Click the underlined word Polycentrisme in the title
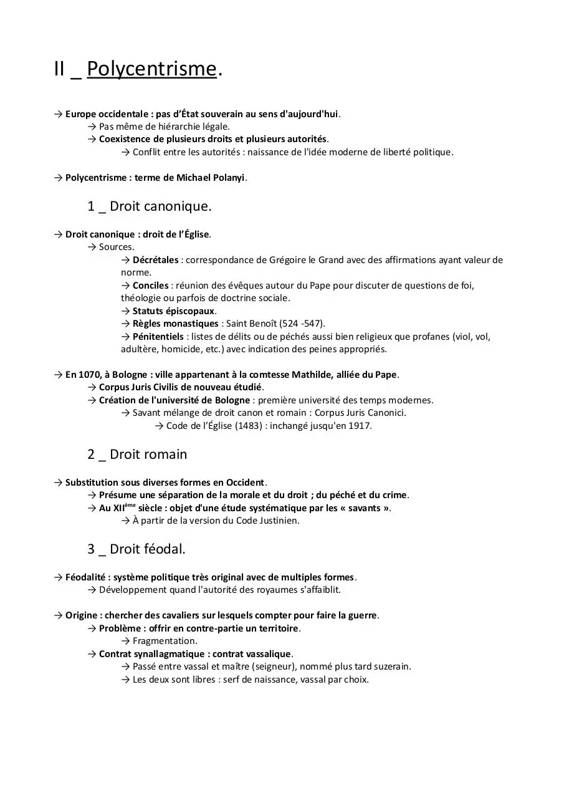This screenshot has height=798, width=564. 151,69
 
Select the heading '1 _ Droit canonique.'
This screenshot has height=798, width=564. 150,206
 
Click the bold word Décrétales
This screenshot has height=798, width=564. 155,260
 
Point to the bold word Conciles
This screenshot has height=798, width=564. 150,286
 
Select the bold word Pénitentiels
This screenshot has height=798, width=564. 156,337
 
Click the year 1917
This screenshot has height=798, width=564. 359,426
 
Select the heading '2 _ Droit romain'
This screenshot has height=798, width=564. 137,454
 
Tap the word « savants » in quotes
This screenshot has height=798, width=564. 369,508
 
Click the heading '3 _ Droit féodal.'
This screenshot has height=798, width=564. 136,549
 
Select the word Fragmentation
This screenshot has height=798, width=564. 165,641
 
